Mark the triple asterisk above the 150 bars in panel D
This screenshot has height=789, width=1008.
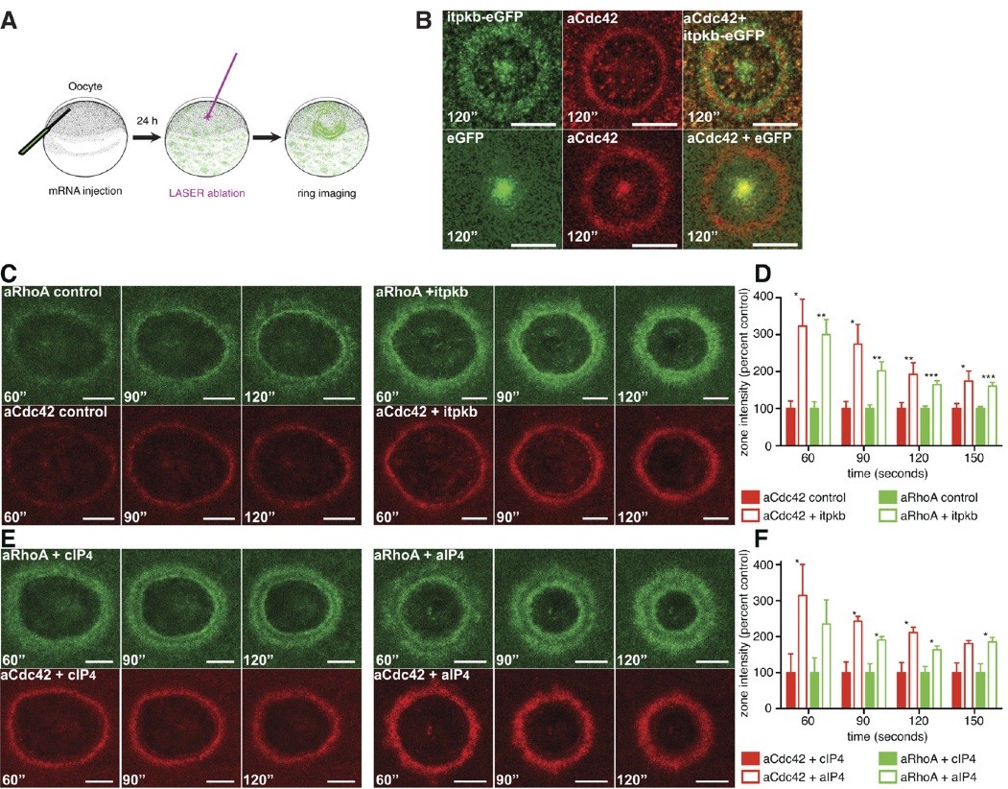tap(989, 377)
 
